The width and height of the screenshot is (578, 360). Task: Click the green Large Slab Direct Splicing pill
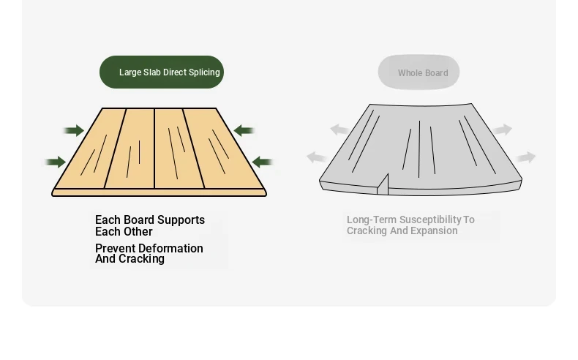point(162,72)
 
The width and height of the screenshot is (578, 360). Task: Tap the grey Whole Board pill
point(419,72)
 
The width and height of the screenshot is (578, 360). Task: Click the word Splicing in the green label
point(204,72)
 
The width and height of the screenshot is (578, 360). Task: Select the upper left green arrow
point(74,130)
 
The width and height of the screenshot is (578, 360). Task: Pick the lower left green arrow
point(56,162)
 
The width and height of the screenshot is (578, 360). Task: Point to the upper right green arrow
point(244,130)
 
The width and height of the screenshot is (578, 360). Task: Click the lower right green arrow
point(263,162)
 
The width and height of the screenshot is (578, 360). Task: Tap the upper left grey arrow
point(339,130)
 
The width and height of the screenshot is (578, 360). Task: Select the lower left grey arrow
point(316,157)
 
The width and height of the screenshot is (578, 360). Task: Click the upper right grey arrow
point(503,130)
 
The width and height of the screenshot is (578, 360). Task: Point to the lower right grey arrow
point(525,157)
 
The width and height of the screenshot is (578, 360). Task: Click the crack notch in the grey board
point(383,184)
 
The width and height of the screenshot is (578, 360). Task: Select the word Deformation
point(171,248)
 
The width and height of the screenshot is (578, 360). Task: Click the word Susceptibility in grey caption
point(429,220)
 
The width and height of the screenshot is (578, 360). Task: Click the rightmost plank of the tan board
point(223,149)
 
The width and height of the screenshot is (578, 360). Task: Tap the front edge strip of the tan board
point(159,192)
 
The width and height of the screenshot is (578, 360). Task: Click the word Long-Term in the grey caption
point(372,220)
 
